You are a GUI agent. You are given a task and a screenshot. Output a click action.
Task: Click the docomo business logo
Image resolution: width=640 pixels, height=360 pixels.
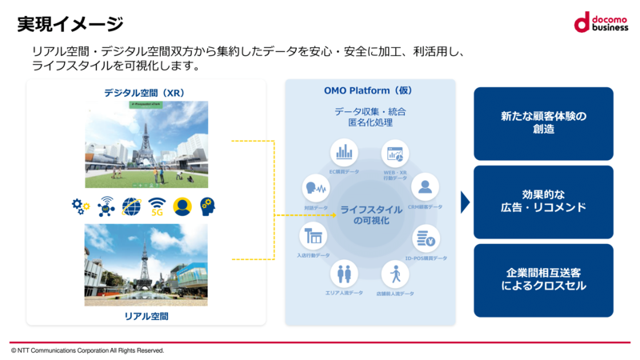tap(600, 22)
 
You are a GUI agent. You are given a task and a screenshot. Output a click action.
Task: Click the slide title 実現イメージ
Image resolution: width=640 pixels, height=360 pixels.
tap(70, 25)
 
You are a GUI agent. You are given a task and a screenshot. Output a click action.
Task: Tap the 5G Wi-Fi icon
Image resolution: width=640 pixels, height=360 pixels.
tap(157, 206)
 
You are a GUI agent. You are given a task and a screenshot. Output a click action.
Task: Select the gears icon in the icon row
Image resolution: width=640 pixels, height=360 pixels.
tap(81, 206)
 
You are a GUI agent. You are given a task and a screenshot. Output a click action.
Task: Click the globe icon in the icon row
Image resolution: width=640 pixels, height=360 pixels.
tap(131, 206)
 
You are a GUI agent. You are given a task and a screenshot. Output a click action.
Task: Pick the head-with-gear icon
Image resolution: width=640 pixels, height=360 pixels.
tap(208, 206)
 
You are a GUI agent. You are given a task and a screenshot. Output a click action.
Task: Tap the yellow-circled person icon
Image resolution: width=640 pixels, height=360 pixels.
tap(182, 206)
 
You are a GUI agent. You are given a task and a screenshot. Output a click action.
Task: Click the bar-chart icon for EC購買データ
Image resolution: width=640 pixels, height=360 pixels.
tap(345, 151)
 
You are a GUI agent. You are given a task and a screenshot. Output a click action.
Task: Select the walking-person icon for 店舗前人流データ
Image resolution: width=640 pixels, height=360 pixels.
tap(394, 275)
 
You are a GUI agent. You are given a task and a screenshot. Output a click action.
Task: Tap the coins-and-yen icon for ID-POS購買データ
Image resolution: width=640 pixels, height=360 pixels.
tap(425, 238)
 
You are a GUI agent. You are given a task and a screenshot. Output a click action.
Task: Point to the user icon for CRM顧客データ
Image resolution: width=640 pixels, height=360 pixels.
tap(425, 187)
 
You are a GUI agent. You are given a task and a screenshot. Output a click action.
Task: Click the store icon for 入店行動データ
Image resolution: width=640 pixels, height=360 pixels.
tap(313, 237)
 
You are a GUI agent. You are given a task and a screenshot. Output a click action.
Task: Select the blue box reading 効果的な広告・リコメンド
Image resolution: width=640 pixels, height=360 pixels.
tap(543, 202)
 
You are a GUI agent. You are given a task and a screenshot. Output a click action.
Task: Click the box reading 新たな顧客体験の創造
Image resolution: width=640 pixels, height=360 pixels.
tap(543, 123)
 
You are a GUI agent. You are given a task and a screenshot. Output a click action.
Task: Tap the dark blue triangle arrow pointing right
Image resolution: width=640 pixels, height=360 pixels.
tap(466, 202)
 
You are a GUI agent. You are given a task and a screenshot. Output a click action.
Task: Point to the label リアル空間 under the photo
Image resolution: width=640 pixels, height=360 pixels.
tap(146, 316)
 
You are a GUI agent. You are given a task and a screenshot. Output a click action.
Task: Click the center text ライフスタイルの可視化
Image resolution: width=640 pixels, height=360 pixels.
tap(370, 214)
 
